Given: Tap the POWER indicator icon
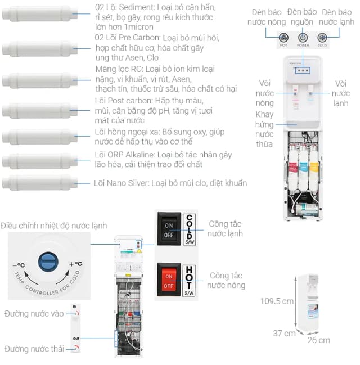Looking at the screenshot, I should [303, 38].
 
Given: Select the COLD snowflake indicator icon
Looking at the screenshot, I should [322, 38].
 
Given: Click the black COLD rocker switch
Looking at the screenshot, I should [169, 229].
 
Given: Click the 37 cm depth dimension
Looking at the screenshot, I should [285, 333].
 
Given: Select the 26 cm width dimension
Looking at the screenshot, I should [318, 340].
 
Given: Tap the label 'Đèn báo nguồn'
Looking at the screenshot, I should [303, 17].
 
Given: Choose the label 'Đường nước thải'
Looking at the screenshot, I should [33, 349].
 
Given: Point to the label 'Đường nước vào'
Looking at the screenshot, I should [34, 313].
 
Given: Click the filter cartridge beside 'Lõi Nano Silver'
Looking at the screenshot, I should [39, 184].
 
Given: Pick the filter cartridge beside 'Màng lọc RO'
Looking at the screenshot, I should [39, 80].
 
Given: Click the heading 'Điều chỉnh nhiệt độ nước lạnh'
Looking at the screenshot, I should [53, 226].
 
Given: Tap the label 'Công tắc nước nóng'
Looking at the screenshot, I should [227, 280].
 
